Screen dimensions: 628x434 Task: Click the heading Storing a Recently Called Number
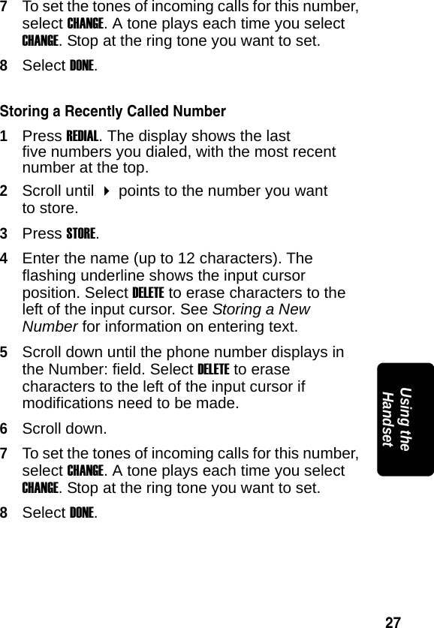[113, 113]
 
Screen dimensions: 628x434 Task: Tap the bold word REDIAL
[83, 137]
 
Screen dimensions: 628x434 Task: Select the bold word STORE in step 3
[81, 233]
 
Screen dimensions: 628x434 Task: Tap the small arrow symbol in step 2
[107, 191]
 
